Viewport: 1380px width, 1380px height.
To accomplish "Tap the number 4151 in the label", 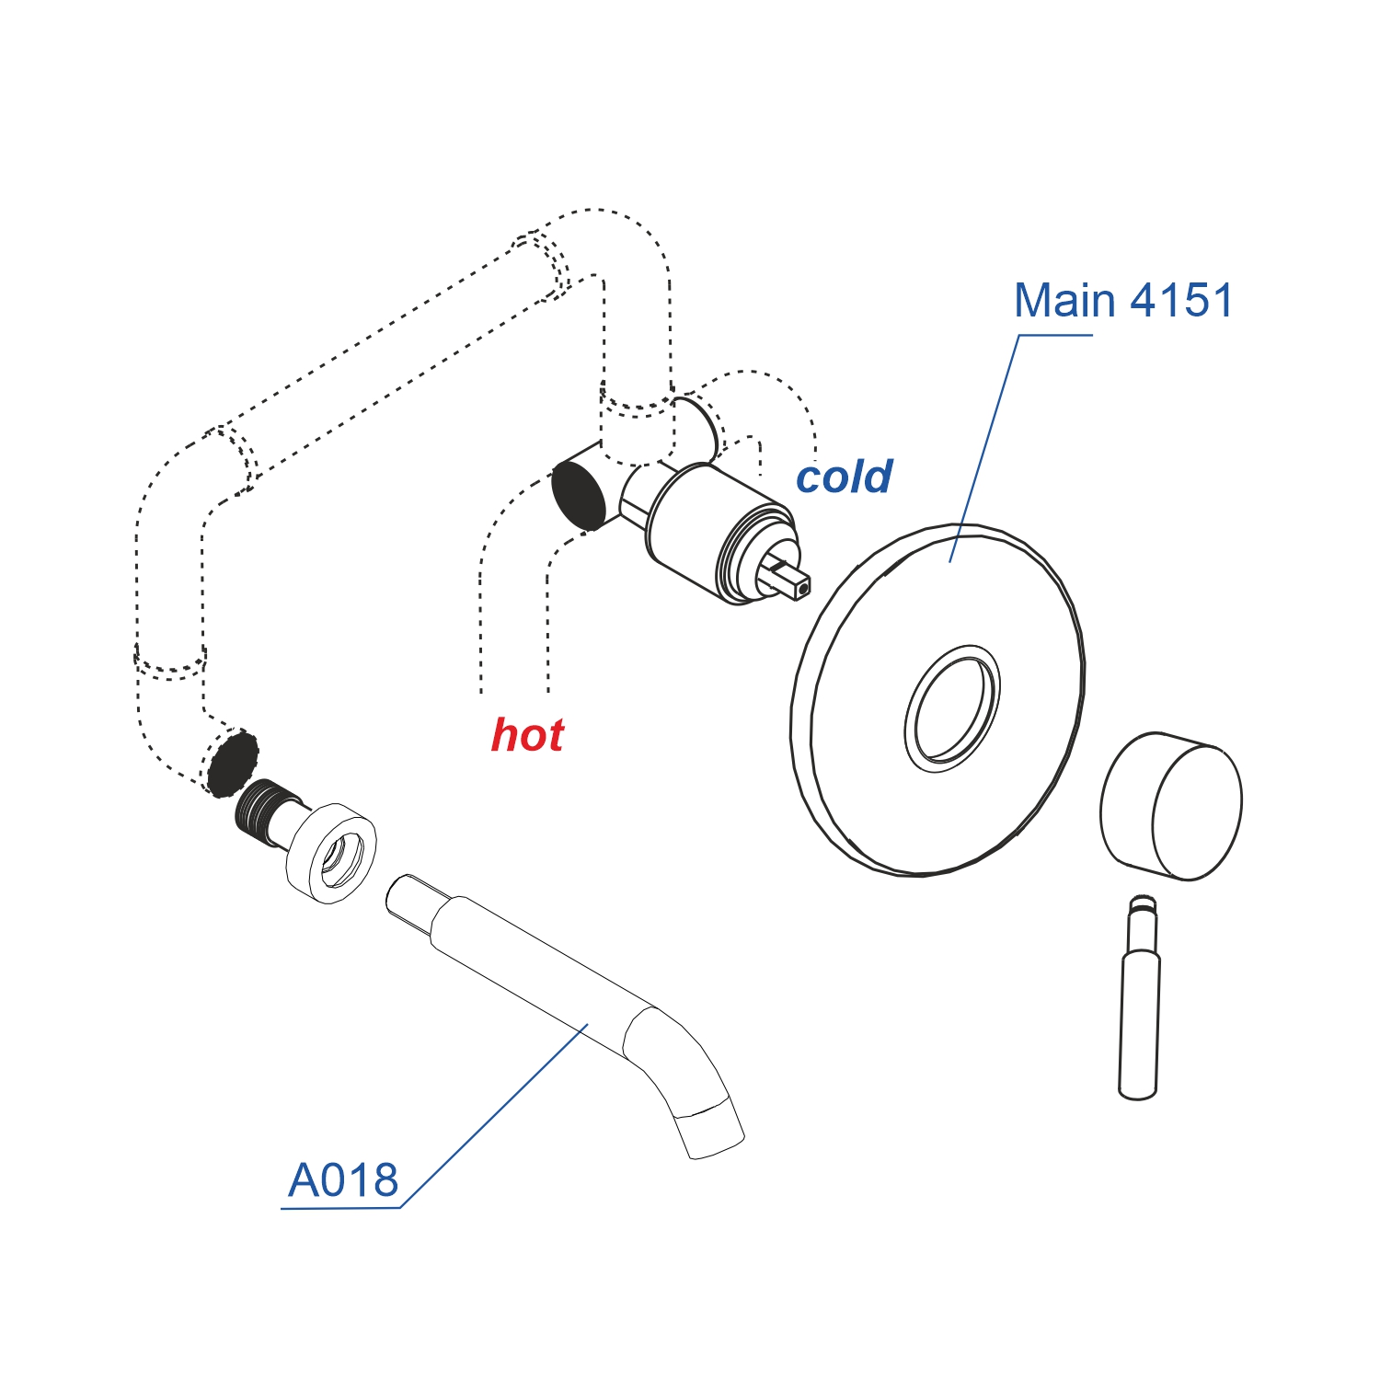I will coord(1181,301).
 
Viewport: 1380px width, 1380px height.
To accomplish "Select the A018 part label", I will coord(343,1180).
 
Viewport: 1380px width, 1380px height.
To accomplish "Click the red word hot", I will coord(527,735).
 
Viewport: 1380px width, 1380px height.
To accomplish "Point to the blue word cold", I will coord(844,477).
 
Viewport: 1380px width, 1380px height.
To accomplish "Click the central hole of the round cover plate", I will coord(953,707).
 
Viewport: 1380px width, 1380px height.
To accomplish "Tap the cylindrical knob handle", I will coord(1170,805).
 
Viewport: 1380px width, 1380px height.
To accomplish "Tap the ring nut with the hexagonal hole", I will coord(331,853).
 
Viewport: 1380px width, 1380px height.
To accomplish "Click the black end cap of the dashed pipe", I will coord(232,763).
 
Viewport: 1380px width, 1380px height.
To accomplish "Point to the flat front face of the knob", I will coord(1197,811).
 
